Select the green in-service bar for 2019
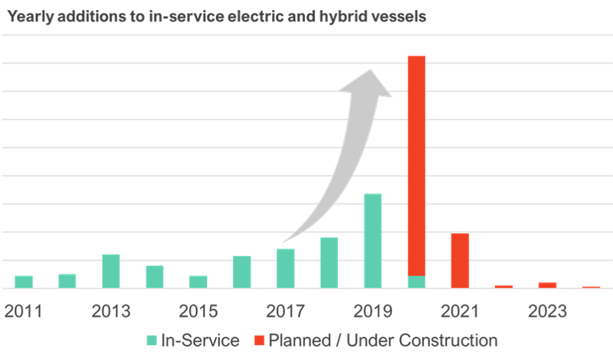tap(372, 241)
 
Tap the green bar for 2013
tap(110, 271)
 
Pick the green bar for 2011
tap(24, 282)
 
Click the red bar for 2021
tap(460, 260)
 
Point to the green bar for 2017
tap(285, 268)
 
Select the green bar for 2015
tap(198, 282)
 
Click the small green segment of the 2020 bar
tap(416, 282)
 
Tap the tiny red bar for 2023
tap(547, 285)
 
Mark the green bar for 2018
tap(329, 263)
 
